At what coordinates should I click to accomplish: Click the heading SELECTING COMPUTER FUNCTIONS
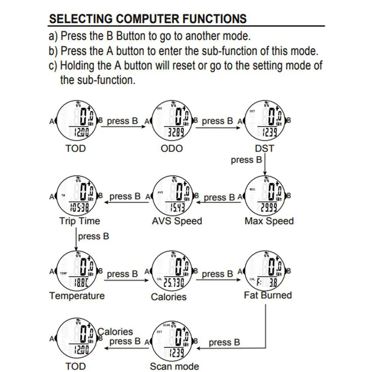click(148, 19)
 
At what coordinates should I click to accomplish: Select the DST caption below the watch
click(264, 149)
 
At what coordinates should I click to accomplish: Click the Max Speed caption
click(269, 221)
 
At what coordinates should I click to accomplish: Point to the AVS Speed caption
click(177, 221)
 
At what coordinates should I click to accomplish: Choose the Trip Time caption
click(80, 221)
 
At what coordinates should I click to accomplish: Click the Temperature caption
click(77, 296)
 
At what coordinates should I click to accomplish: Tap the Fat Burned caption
click(268, 295)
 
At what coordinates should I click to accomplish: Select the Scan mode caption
click(174, 366)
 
